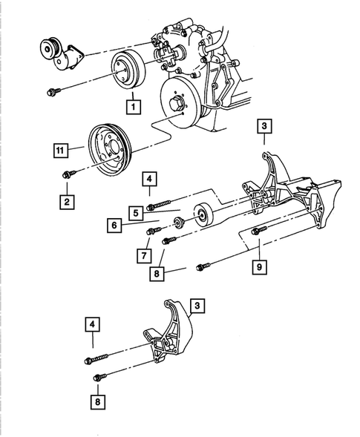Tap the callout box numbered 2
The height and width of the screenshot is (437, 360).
(x=68, y=201)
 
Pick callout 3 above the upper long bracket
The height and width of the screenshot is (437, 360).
(x=265, y=126)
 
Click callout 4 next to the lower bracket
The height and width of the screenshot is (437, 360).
(x=92, y=324)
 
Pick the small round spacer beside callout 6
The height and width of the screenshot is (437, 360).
(x=179, y=224)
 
